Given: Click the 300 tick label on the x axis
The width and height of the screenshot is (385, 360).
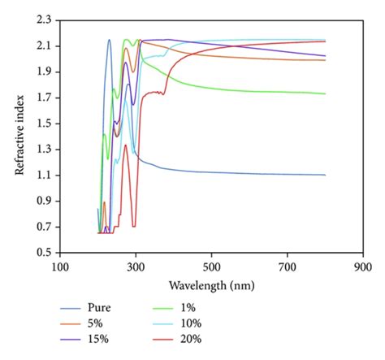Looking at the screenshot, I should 136,267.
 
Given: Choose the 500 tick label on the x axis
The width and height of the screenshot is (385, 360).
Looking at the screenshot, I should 212,267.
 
